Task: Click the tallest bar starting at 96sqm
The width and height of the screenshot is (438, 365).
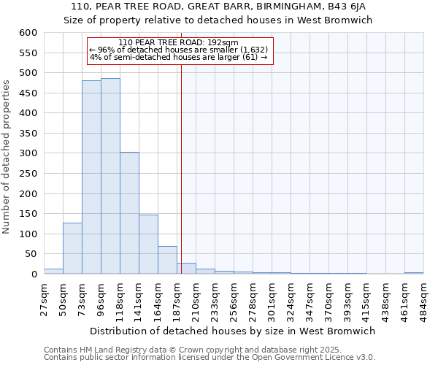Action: (x=110, y=176)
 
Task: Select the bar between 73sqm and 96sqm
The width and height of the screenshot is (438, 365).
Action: (x=91, y=177)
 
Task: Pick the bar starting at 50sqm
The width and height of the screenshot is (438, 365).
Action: (x=72, y=248)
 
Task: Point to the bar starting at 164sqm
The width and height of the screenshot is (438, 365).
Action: (x=167, y=260)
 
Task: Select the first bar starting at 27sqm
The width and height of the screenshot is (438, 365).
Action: (x=53, y=271)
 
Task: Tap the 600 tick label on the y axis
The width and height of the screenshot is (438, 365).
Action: (x=28, y=33)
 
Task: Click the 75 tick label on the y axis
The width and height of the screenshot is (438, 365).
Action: (x=31, y=254)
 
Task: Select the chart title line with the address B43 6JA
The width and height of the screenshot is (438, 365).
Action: (x=218, y=7)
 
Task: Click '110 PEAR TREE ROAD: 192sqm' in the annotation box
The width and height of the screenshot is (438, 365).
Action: (x=178, y=42)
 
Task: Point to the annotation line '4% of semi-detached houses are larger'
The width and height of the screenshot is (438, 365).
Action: (x=178, y=57)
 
